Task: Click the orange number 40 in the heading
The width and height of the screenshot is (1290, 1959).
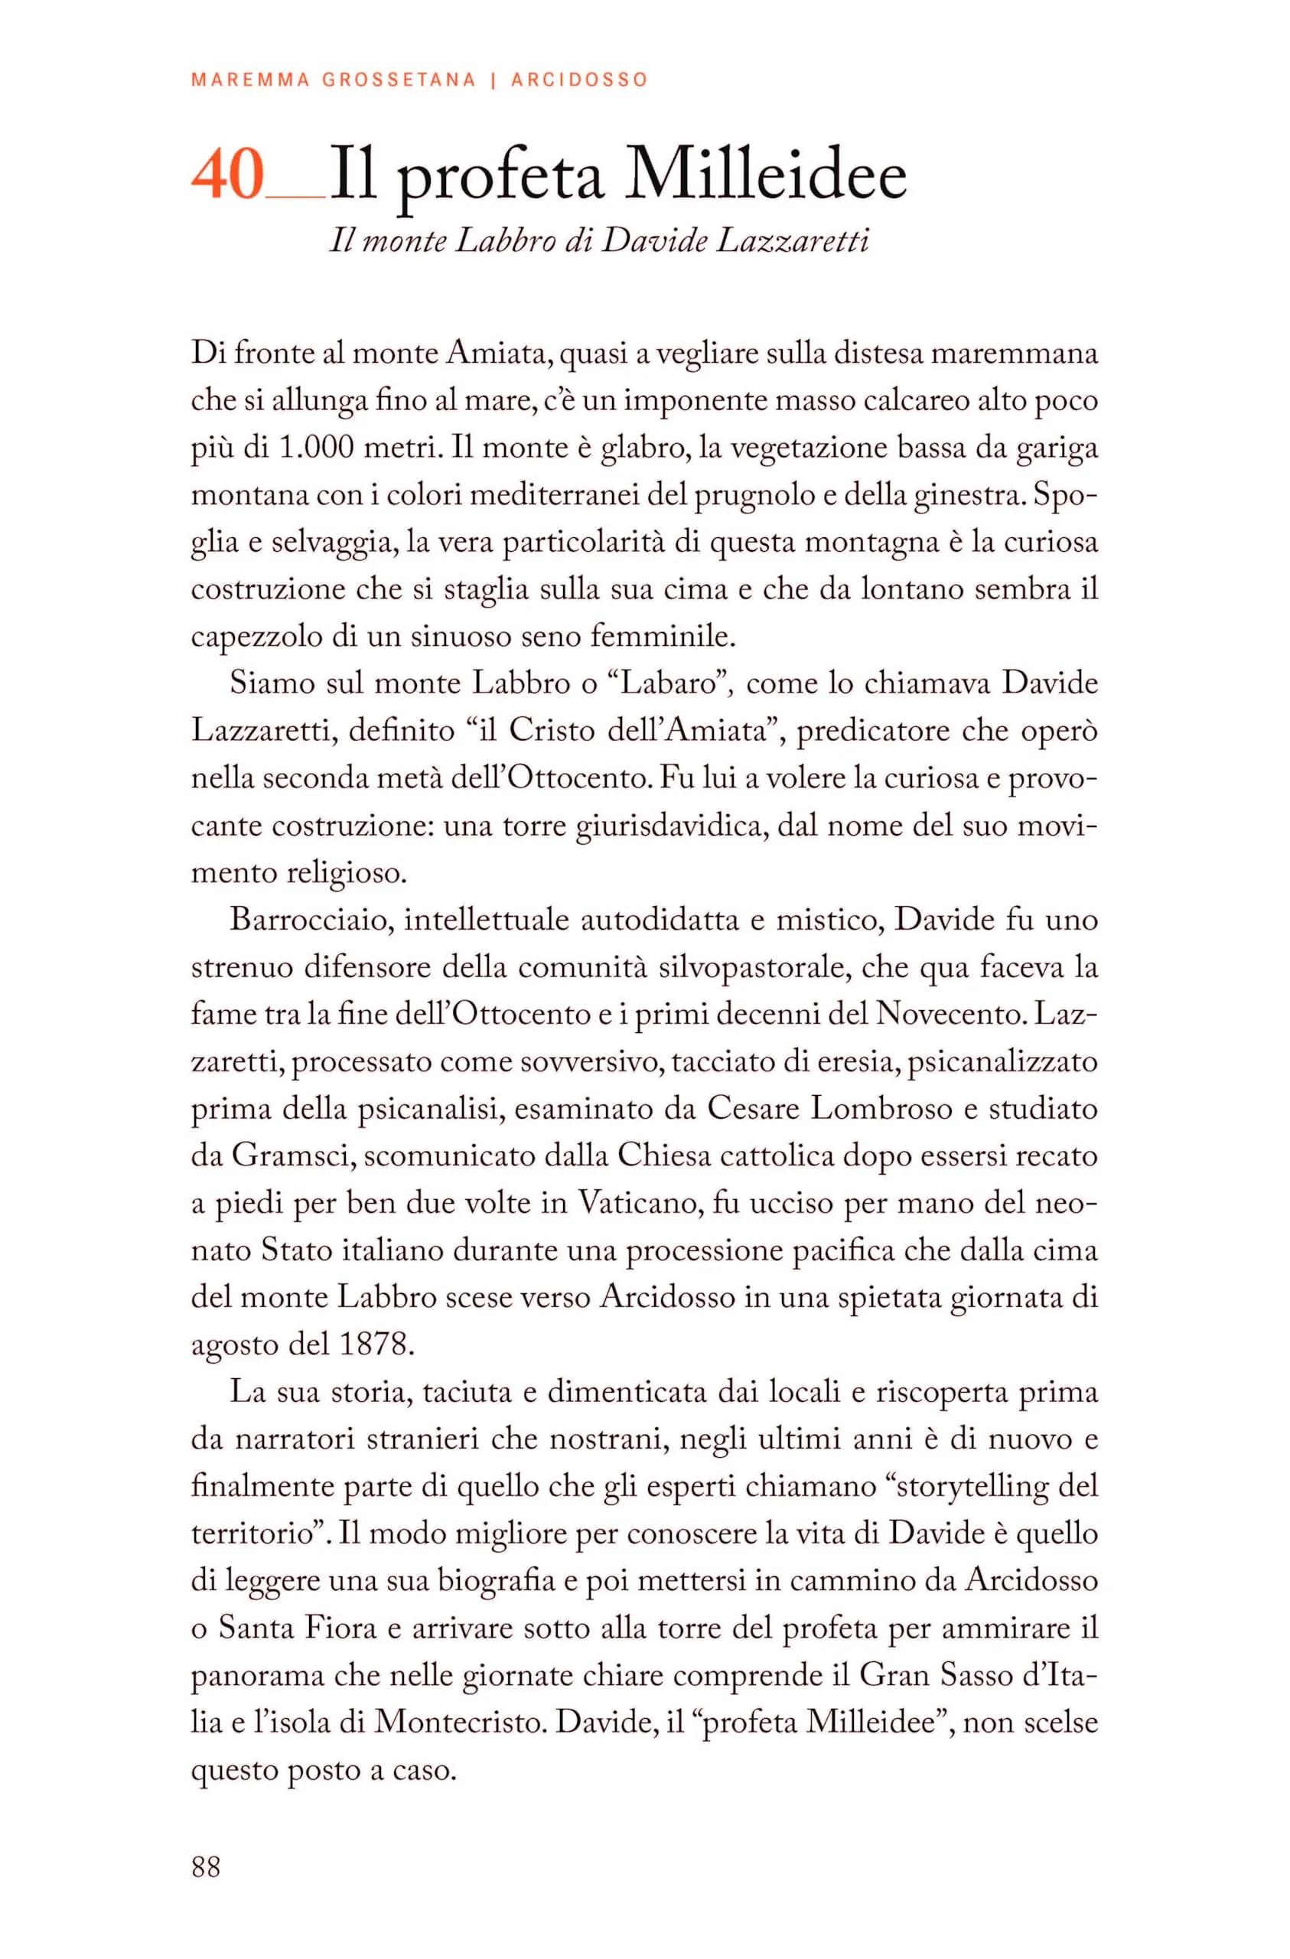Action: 227,175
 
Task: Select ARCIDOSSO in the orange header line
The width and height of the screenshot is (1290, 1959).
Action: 579,80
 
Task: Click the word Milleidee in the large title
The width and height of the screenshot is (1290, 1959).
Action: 766,175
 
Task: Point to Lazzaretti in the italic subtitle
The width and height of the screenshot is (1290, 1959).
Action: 793,241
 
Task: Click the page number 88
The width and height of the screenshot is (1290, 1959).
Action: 206,1866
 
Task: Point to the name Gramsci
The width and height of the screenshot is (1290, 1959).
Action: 293,1156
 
